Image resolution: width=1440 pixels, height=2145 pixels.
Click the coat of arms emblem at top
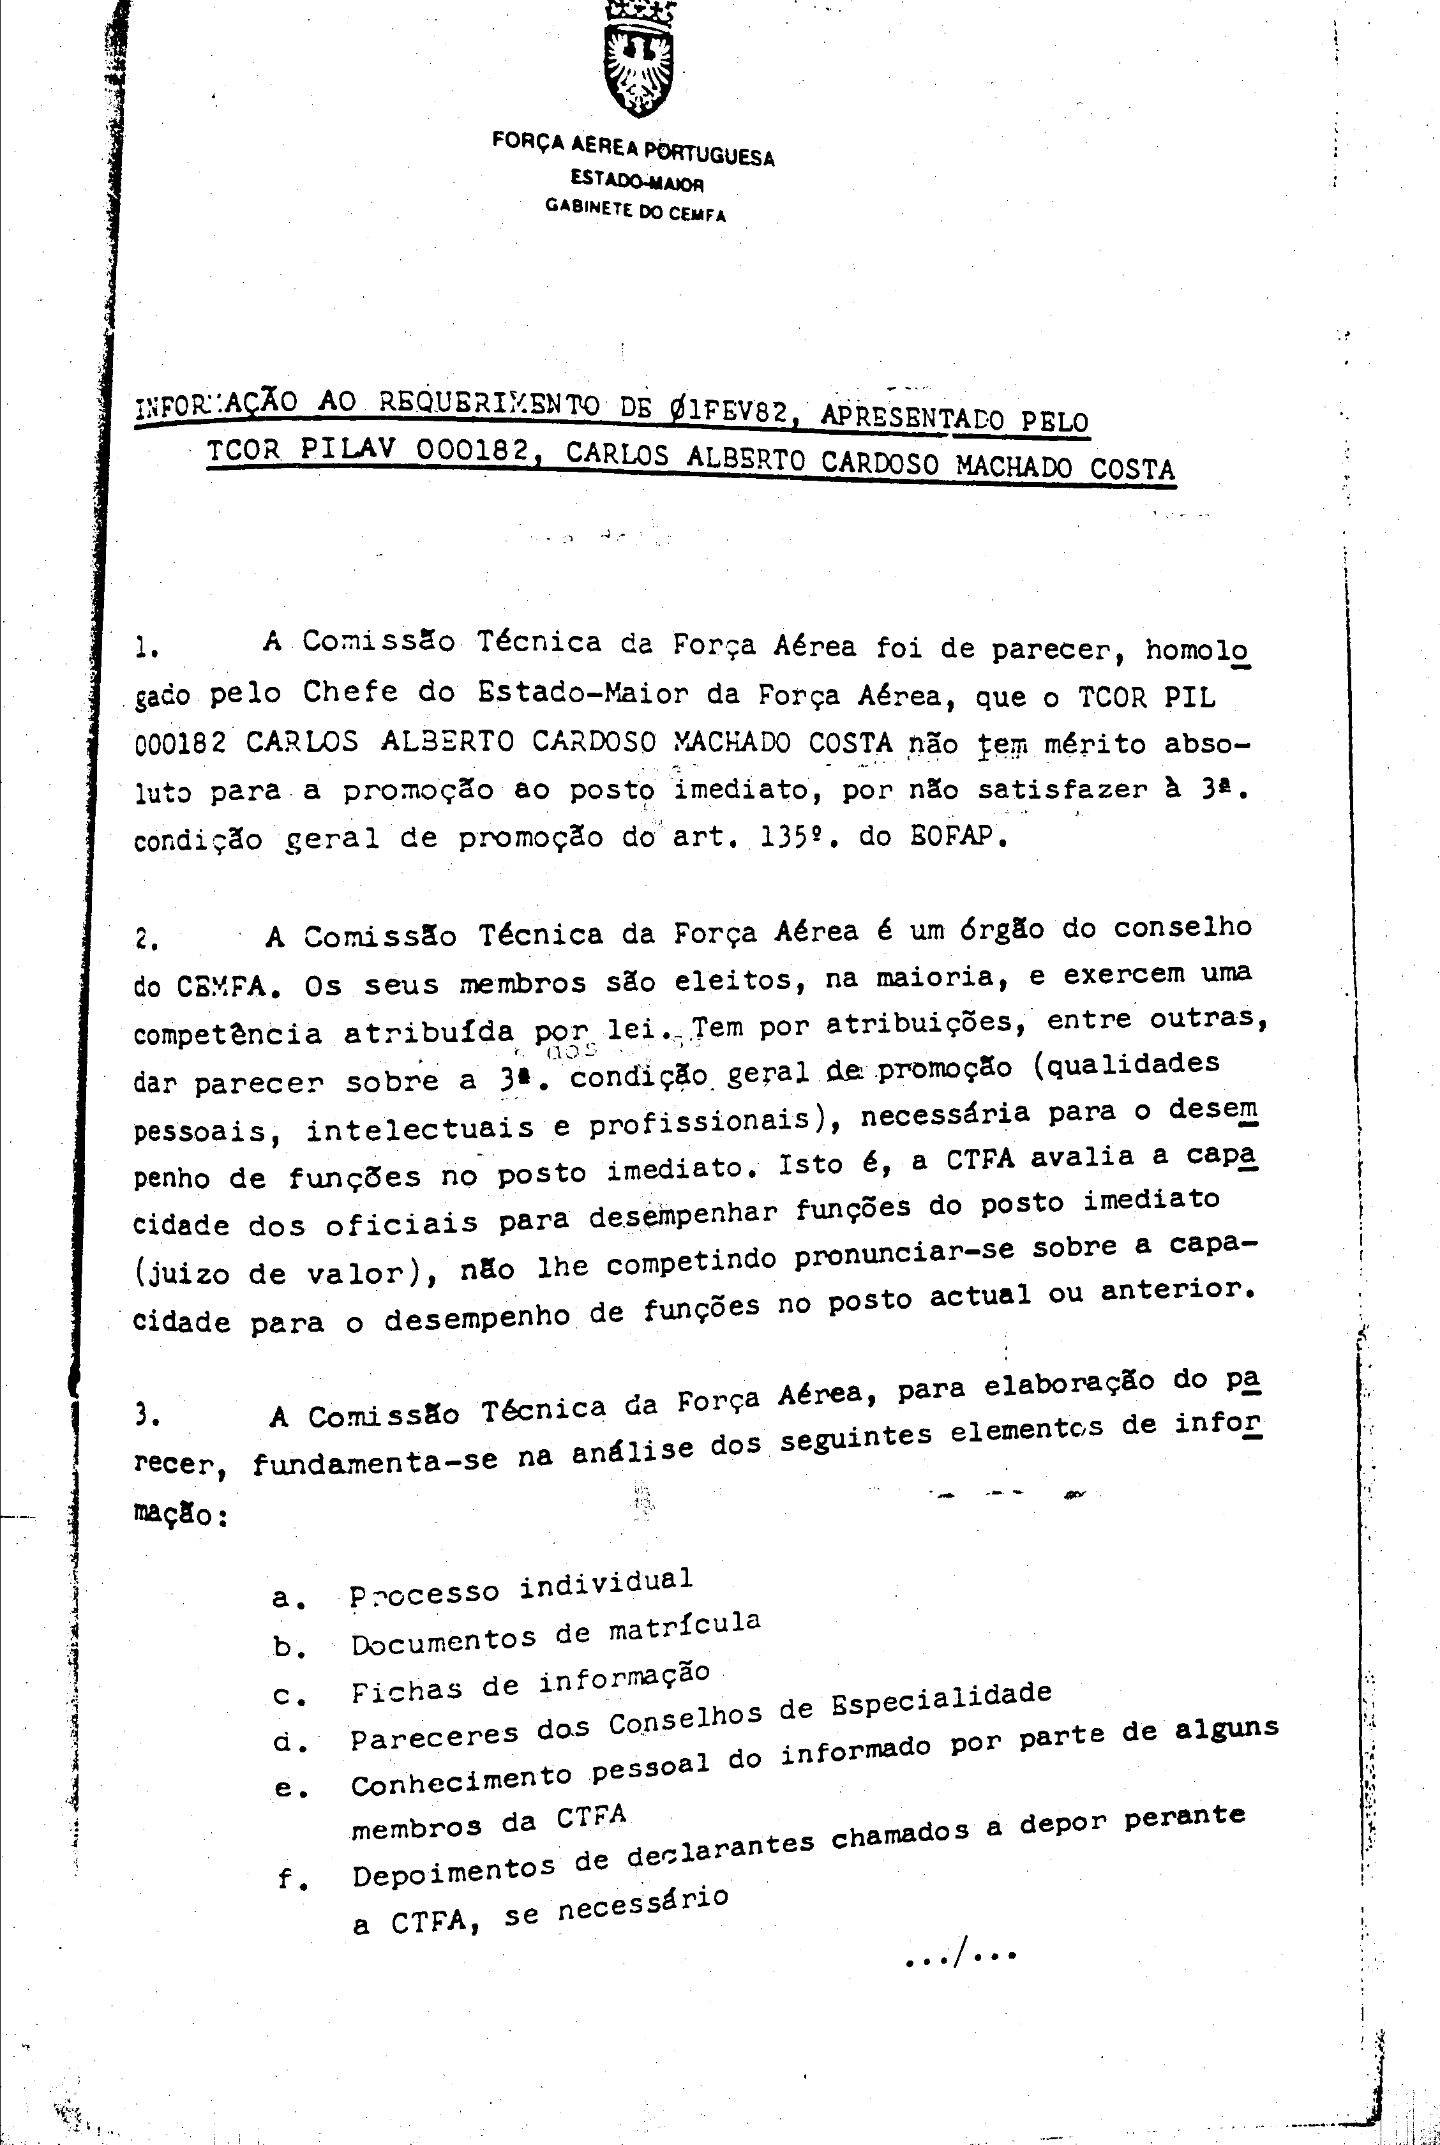(x=638, y=57)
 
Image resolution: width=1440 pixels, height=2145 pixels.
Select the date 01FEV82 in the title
(x=730, y=410)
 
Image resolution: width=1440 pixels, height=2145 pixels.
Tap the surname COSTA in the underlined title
(x=1132, y=469)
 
